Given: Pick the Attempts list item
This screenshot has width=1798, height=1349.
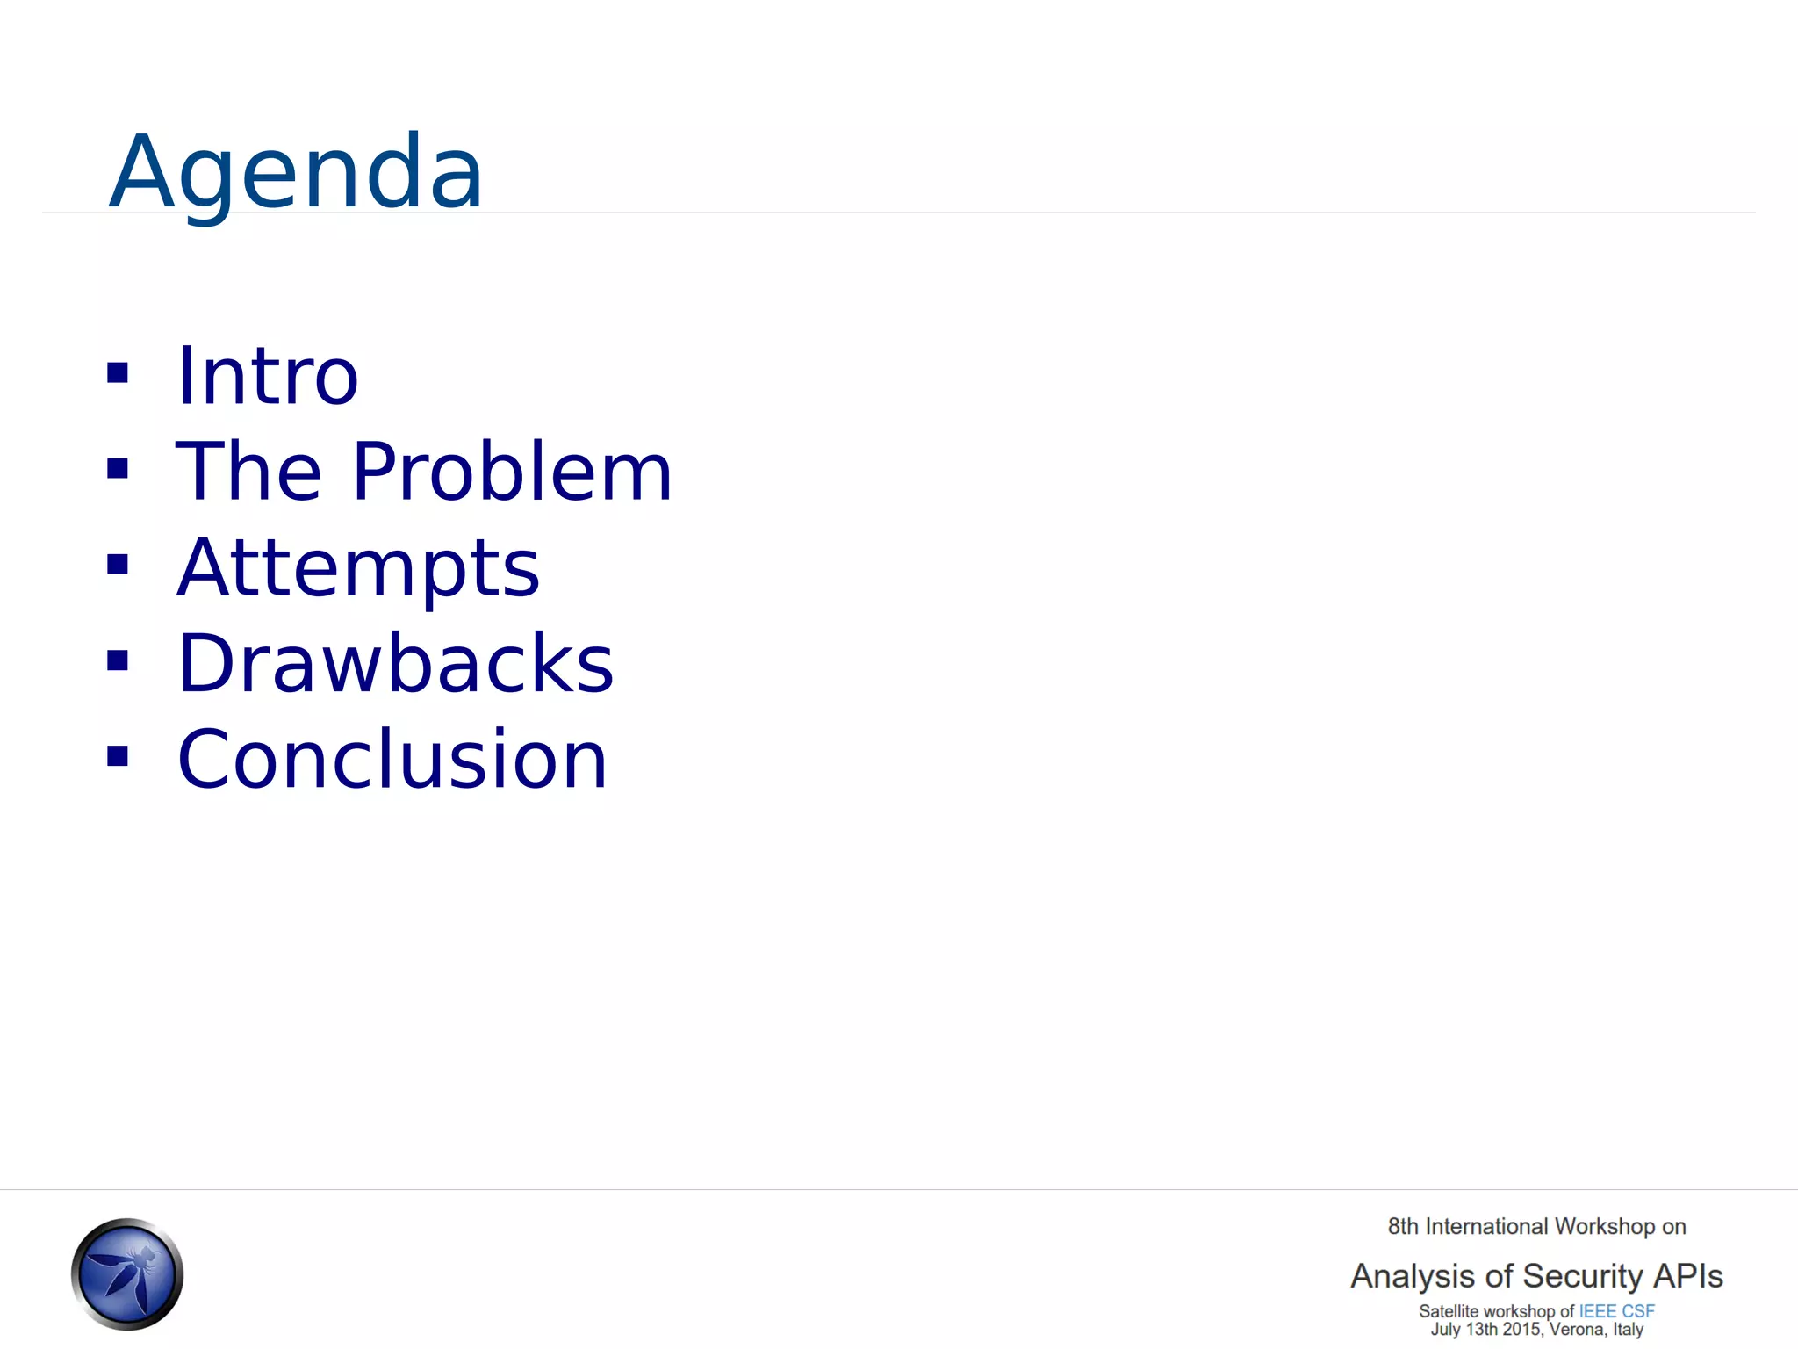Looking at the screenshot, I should click(x=358, y=568).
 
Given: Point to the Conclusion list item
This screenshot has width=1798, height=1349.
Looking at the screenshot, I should click(x=392, y=760).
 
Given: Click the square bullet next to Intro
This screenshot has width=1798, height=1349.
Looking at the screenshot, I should click(x=118, y=373).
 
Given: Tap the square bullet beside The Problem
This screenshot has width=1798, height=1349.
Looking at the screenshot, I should click(x=118, y=469).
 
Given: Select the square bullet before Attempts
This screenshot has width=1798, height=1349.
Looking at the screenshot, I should click(x=118, y=565).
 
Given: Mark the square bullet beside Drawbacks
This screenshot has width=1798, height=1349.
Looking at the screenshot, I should click(x=118, y=660).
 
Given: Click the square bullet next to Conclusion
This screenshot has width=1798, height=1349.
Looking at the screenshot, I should click(x=118, y=756).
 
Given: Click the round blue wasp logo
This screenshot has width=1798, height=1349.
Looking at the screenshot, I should click(x=127, y=1273).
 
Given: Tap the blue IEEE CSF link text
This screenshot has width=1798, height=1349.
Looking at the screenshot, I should click(x=1616, y=1311).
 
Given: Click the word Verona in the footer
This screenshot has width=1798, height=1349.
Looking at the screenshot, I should click(x=1577, y=1330).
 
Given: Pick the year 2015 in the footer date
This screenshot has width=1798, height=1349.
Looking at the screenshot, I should click(x=1521, y=1330).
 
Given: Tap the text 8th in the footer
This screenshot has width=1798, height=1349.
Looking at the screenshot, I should click(x=1403, y=1227).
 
